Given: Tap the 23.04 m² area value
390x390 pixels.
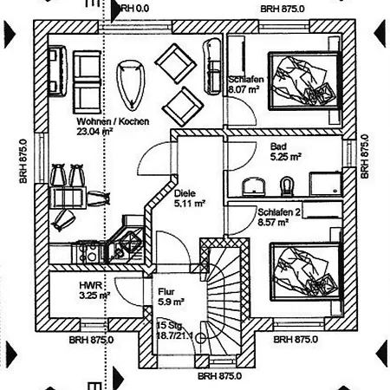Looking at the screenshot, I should [94, 133].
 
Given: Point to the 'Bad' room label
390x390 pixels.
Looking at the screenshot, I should [278, 146].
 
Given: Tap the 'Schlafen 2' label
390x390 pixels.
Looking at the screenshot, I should [278, 212].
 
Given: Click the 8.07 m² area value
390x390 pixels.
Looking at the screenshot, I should [245, 88].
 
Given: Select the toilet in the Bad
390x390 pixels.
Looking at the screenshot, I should [288, 185].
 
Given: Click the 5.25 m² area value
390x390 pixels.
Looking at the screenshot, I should [285, 157].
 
